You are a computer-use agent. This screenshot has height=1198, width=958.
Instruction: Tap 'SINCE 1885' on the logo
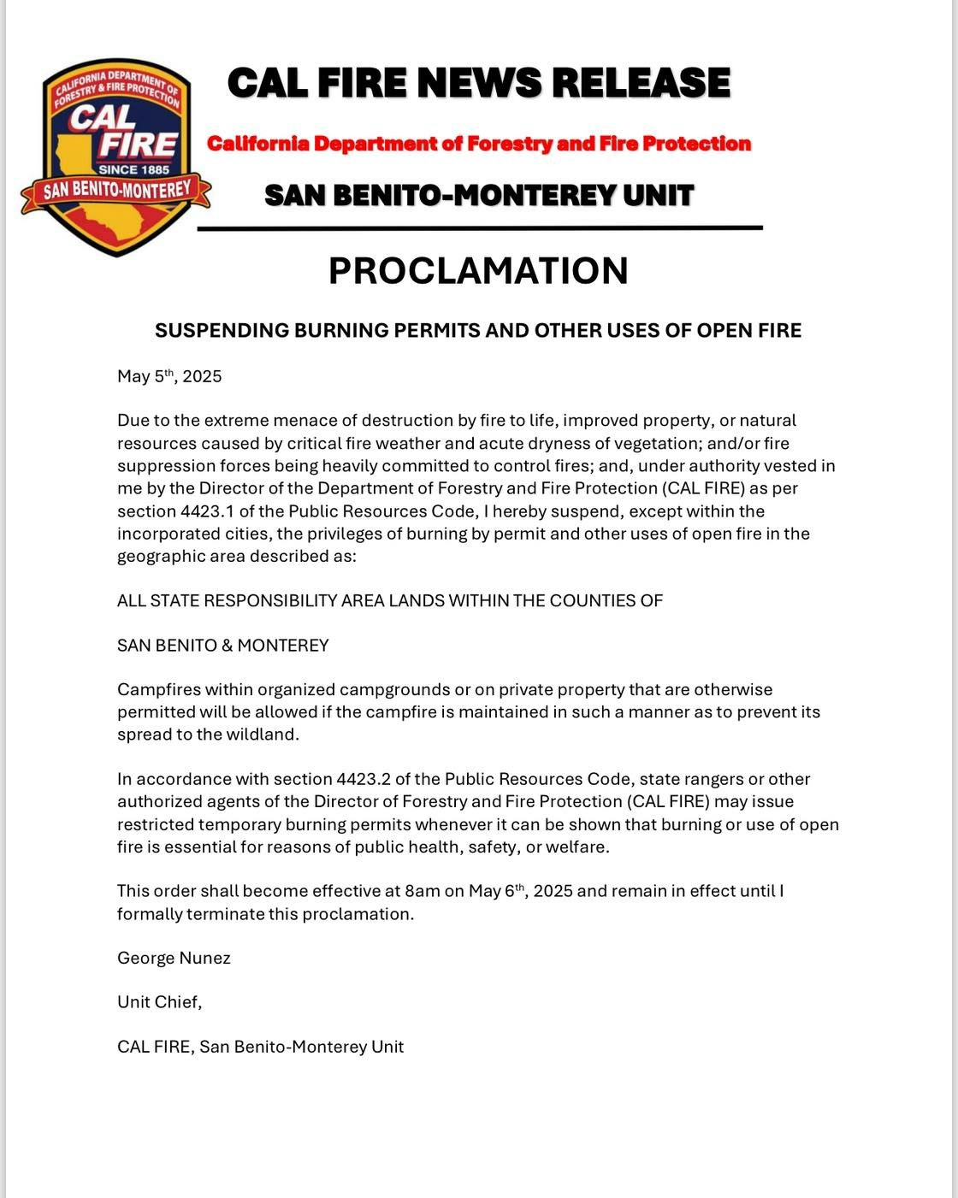tap(133, 169)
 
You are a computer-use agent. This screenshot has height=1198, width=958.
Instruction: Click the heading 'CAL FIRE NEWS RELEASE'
tap(479, 83)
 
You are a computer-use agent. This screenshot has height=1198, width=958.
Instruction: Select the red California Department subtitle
tap(479, 144)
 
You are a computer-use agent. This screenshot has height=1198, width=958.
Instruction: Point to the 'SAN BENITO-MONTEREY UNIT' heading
tap(479, 196)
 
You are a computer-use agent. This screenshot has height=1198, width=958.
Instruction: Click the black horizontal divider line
tap(479, 228)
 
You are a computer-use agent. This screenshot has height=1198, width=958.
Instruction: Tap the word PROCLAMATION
tap(478, 271)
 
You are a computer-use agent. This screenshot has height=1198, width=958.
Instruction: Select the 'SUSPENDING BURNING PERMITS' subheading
tap(478, 331)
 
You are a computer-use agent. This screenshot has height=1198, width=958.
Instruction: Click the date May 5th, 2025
tap(169, 376)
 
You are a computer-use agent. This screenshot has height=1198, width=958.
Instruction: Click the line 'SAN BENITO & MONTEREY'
tap(222, 646)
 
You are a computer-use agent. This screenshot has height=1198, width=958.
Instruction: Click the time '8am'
tap(422, 891)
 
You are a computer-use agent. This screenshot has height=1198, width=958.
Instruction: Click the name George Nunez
tap(174, 958)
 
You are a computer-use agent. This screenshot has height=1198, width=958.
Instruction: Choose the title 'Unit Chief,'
tap(159, 1002)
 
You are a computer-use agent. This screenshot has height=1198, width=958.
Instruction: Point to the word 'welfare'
tap(577, 847)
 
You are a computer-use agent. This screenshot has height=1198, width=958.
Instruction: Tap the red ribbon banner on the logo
tap(116, 190)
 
